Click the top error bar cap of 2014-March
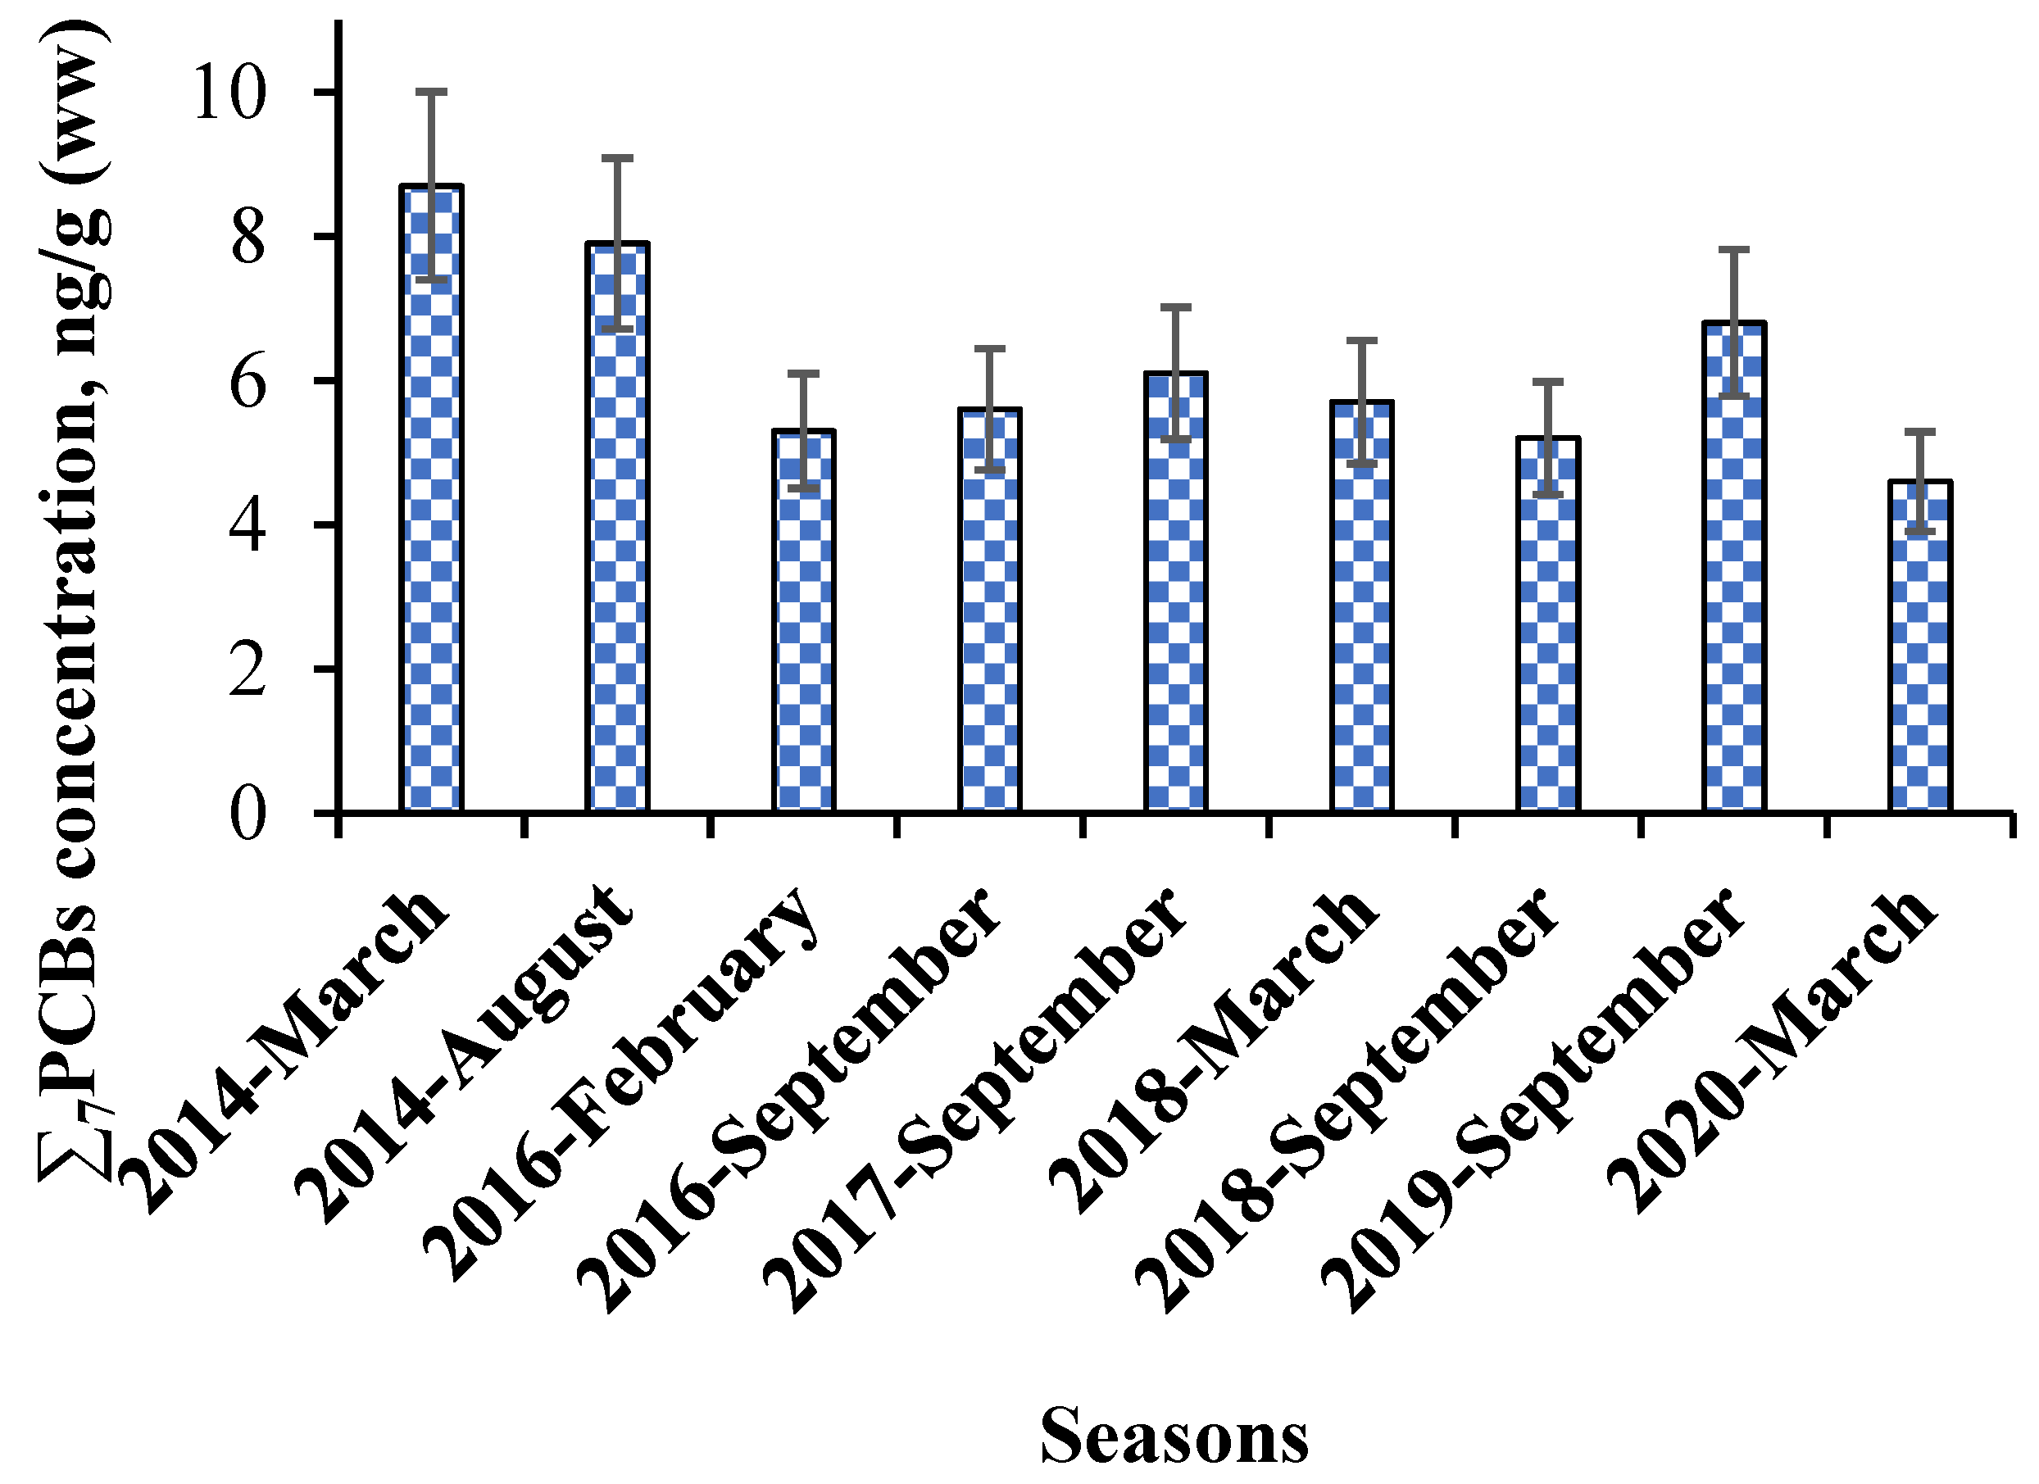432,92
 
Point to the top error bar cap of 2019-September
1734,249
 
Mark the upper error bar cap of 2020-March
1920,432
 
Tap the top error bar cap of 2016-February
804,372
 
